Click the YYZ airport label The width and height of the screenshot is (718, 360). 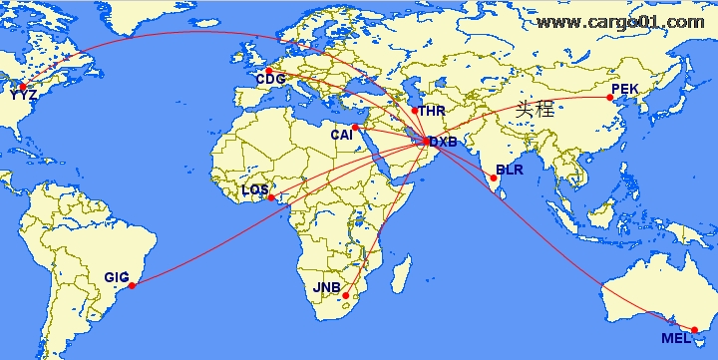(23, 96)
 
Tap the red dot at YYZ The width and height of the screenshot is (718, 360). (22, 87)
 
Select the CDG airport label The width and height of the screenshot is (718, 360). (270, 80)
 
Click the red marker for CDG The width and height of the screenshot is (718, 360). (268, 70)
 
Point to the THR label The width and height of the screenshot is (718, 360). (432, 111)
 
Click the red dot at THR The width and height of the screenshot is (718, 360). (415, 110)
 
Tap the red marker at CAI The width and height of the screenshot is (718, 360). (356, 128)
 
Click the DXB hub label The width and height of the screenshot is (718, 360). (443, 144)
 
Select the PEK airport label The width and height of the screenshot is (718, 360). (623, 89)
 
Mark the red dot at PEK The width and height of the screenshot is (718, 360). (610, 98)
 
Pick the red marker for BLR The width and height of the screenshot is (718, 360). (494, 179)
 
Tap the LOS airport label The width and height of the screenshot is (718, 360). (255, 188)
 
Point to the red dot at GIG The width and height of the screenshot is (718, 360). (133, 286)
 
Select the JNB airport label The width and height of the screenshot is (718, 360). (327, 289)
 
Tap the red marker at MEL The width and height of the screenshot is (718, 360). (695, 330)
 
